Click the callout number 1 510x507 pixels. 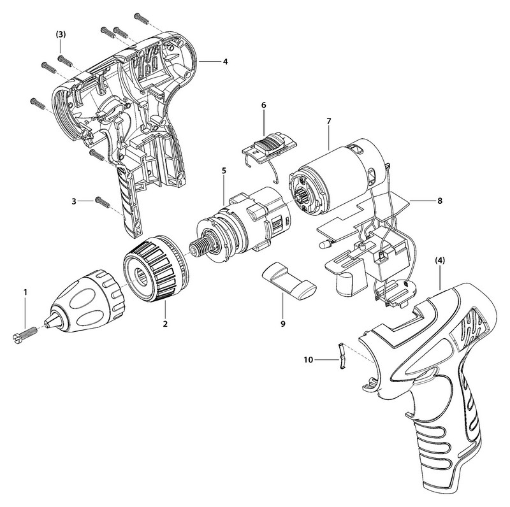pyautogui.click(x=25, y=292)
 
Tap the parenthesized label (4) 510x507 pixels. pyautogui.click(x=441, y=261)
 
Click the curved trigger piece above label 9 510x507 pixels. pyautogui.click(x=288, y=280)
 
